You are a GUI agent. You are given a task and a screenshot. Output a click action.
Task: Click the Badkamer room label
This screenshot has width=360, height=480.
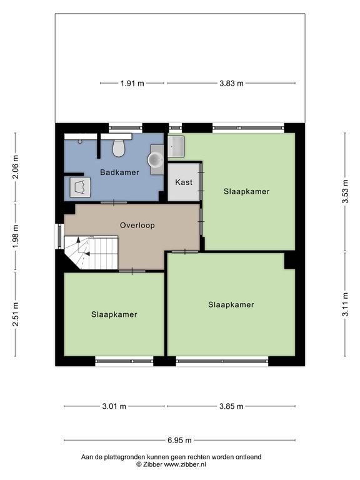point(119,172)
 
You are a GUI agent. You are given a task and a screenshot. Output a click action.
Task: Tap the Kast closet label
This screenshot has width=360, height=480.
point(184,182)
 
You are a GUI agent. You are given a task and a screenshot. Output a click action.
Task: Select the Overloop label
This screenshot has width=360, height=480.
point(137,225)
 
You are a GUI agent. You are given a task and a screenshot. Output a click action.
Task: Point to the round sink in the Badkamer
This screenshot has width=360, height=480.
point(156,159)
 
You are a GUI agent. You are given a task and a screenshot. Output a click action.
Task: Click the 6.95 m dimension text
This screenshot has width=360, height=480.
point(179,440)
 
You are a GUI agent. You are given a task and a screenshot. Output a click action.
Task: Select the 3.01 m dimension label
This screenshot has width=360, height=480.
point(114,406)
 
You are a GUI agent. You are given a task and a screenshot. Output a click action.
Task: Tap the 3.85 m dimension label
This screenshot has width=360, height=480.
point(231,406)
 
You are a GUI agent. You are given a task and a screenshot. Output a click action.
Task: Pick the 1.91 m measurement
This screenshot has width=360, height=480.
point(132,83)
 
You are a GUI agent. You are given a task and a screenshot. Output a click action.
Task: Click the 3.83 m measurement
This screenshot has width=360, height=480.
point(231,83)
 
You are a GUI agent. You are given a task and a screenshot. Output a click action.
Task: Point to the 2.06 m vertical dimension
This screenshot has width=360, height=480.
point(15,167)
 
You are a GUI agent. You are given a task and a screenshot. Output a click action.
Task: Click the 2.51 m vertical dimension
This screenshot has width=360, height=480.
point(15,314)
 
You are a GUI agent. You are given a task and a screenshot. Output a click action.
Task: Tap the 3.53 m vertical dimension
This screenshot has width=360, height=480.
point(345,192)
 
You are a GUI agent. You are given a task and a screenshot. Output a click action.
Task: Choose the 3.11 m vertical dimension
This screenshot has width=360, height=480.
point(345,304)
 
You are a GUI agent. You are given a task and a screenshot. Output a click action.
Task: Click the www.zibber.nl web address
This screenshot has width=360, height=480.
point(185,464)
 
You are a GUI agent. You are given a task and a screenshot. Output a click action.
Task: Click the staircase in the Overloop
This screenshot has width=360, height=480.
point(91,252)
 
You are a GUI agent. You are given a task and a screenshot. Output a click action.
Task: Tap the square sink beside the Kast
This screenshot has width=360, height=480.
point(176,147)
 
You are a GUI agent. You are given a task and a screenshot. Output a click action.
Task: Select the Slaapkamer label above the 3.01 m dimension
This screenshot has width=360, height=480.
point(114,314)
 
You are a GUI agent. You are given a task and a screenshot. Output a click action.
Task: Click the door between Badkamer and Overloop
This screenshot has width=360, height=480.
point(114,202)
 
